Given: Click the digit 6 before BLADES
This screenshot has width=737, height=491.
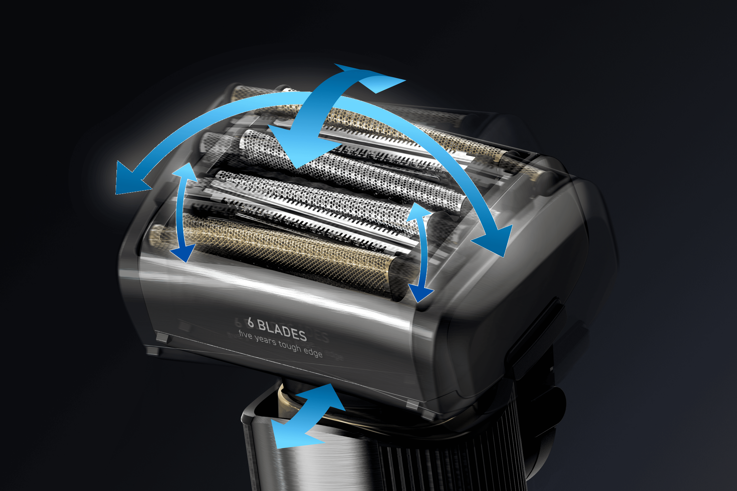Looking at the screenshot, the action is (250, 322).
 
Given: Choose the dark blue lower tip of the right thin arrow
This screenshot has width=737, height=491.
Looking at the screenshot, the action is (420, 294).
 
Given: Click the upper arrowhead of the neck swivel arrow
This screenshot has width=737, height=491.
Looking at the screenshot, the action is (326, 396).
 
